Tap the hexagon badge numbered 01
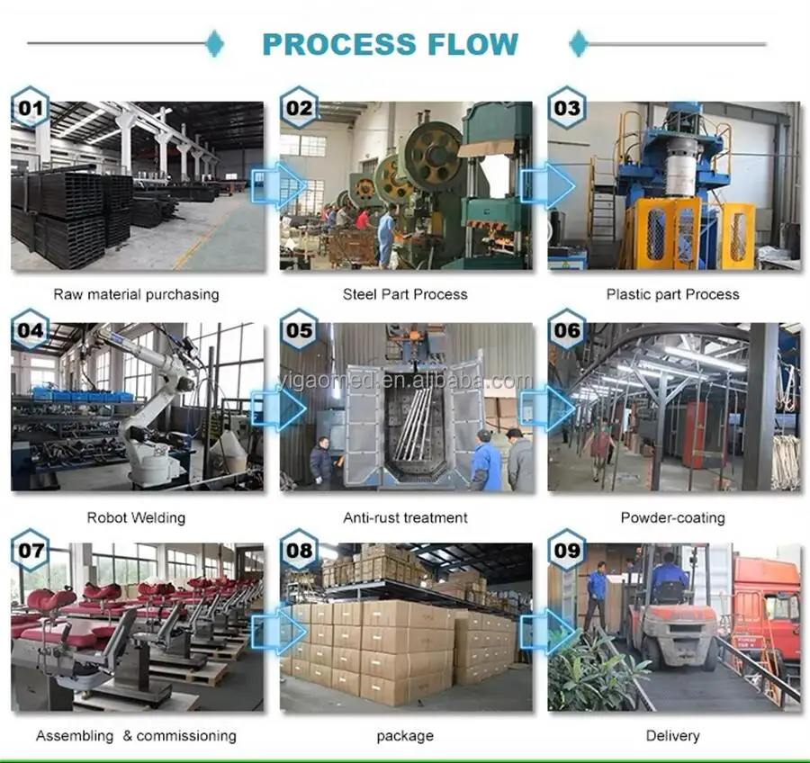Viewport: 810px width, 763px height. pos(30,108)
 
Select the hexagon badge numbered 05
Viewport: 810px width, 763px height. pos(299,329)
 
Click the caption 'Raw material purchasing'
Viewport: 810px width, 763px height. pos(136,294)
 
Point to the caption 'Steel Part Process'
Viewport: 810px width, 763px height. pos(405,294)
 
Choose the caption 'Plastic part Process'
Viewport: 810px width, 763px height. pos(672,294)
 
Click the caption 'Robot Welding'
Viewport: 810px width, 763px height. pos(136,517)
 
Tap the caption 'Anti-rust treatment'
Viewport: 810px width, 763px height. pos(405,517)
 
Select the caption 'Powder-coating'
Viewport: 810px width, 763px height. pos(672,517)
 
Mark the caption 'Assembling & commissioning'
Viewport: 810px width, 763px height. pos(136,736)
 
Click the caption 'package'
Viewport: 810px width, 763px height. pos(405,736)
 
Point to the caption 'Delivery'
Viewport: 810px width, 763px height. pos(672,736)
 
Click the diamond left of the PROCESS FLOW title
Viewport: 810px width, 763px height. pos(214,43)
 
